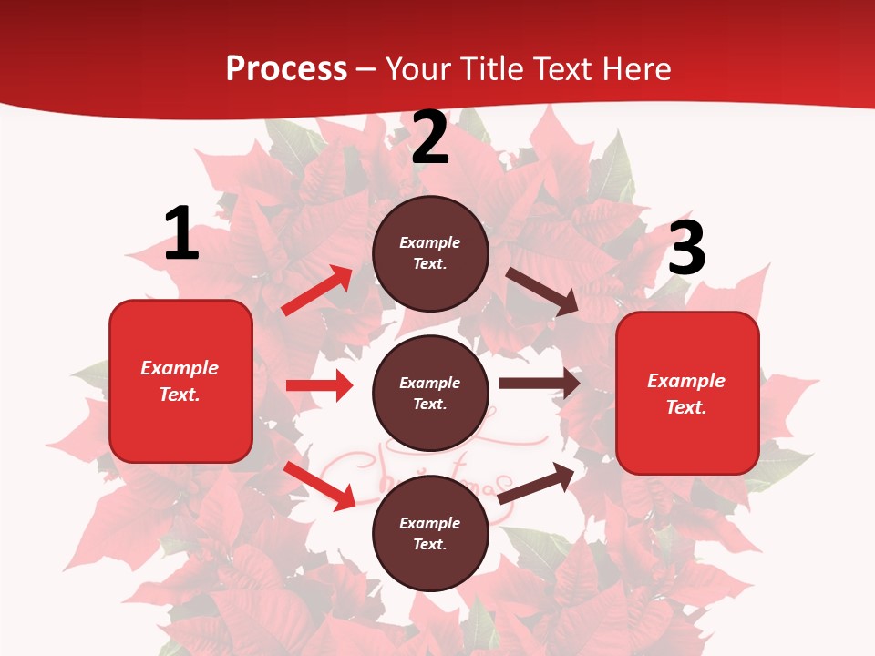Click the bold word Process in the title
click(286, 69)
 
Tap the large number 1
click(181, 233)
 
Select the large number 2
click(430, 138)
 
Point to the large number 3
click(686, 248)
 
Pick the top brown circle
click(430, 253)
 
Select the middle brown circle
click(430, 393)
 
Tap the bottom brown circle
click(430, 533)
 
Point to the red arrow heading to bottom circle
click(319, 486)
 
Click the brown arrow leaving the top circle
click(541, 291)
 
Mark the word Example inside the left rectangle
click(180, 368)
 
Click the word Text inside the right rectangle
click(685, 407)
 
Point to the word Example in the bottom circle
click(429, 523)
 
